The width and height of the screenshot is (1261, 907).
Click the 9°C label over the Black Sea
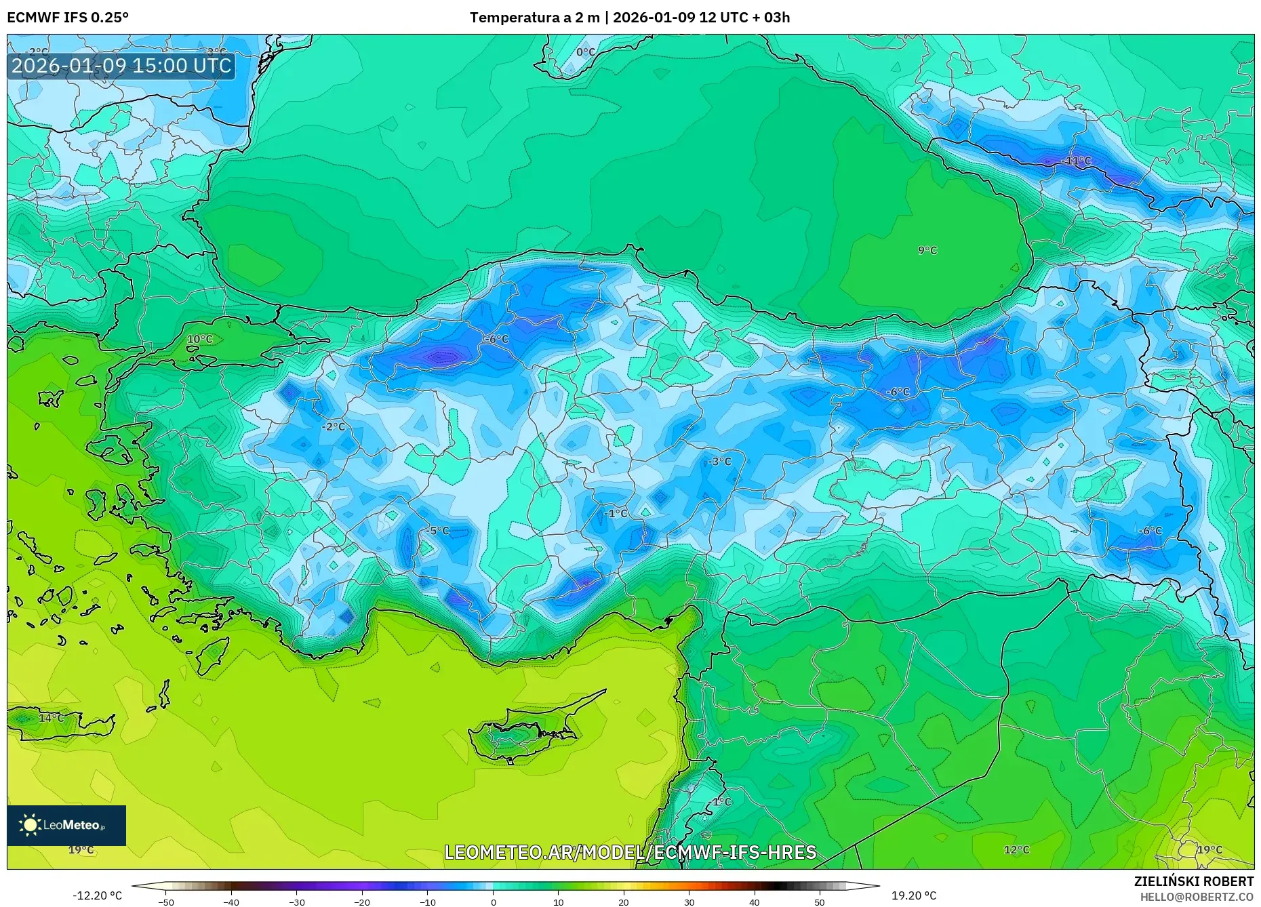927,250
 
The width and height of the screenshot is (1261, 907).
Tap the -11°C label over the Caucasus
1077,161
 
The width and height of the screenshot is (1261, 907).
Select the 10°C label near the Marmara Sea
199,339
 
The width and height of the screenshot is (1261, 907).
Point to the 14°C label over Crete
51,718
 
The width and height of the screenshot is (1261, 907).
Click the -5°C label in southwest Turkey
439,531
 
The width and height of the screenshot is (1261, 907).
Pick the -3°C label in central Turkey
719,461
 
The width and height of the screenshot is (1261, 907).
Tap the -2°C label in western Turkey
334,426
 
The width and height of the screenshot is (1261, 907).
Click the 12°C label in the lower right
1016,849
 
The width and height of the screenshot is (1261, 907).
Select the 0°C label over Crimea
586,52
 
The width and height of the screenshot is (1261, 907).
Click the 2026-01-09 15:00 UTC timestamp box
122,66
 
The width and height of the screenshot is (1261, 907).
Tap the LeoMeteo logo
66,825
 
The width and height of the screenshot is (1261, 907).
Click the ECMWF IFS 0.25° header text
68,18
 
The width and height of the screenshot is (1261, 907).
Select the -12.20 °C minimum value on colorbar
97,895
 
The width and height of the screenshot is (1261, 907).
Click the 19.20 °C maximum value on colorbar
913,895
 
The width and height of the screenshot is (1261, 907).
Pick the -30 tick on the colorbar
296,902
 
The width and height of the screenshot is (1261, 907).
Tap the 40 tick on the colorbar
754,902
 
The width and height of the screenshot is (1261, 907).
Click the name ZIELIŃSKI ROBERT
1193,881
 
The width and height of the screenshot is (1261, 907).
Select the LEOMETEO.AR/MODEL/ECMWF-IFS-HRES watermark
630,852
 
